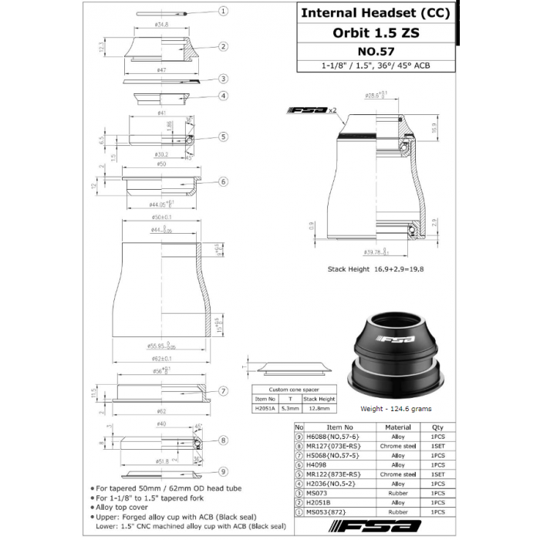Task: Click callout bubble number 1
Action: click(223, 12)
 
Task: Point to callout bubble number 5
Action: click(223, 137)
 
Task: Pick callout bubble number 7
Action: click(223, 391)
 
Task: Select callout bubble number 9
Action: click(223, 471)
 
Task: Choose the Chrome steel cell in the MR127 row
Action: click(398, 446)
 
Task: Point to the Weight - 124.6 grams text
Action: click(396, 409)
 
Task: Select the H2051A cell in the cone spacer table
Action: click(265, 409)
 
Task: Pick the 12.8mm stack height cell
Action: click(320, 409)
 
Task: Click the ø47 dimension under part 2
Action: click(161, 70)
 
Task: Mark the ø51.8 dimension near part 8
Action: click(163, 461)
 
